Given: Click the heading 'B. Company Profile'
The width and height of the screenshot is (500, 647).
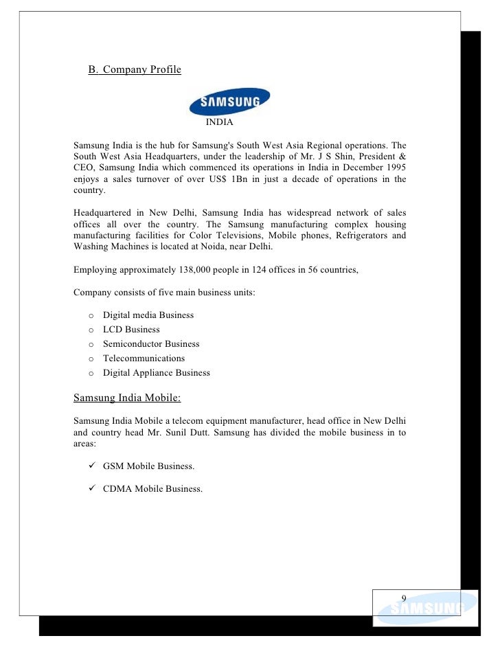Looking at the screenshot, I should (x=135, y=70).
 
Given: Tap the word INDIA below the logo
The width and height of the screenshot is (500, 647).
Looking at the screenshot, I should (x=220, y=123).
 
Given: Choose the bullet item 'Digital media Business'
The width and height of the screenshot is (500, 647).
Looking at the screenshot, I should (x=148, y=315).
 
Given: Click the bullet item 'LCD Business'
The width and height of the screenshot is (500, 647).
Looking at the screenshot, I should (x=131, y=330).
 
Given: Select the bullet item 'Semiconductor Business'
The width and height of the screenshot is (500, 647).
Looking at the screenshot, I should (x=151, y=344).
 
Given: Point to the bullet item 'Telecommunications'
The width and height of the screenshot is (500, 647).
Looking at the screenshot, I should (x=144, y=359).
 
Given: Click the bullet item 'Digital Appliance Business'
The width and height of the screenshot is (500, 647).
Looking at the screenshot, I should (x=157, y=373).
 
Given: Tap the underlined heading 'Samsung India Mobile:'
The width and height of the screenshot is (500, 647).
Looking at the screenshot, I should (x=127, y=397).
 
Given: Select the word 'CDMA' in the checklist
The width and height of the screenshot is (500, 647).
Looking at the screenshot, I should (x=117, y=489).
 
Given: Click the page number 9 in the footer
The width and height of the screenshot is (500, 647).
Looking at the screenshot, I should (x=404, y=598).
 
